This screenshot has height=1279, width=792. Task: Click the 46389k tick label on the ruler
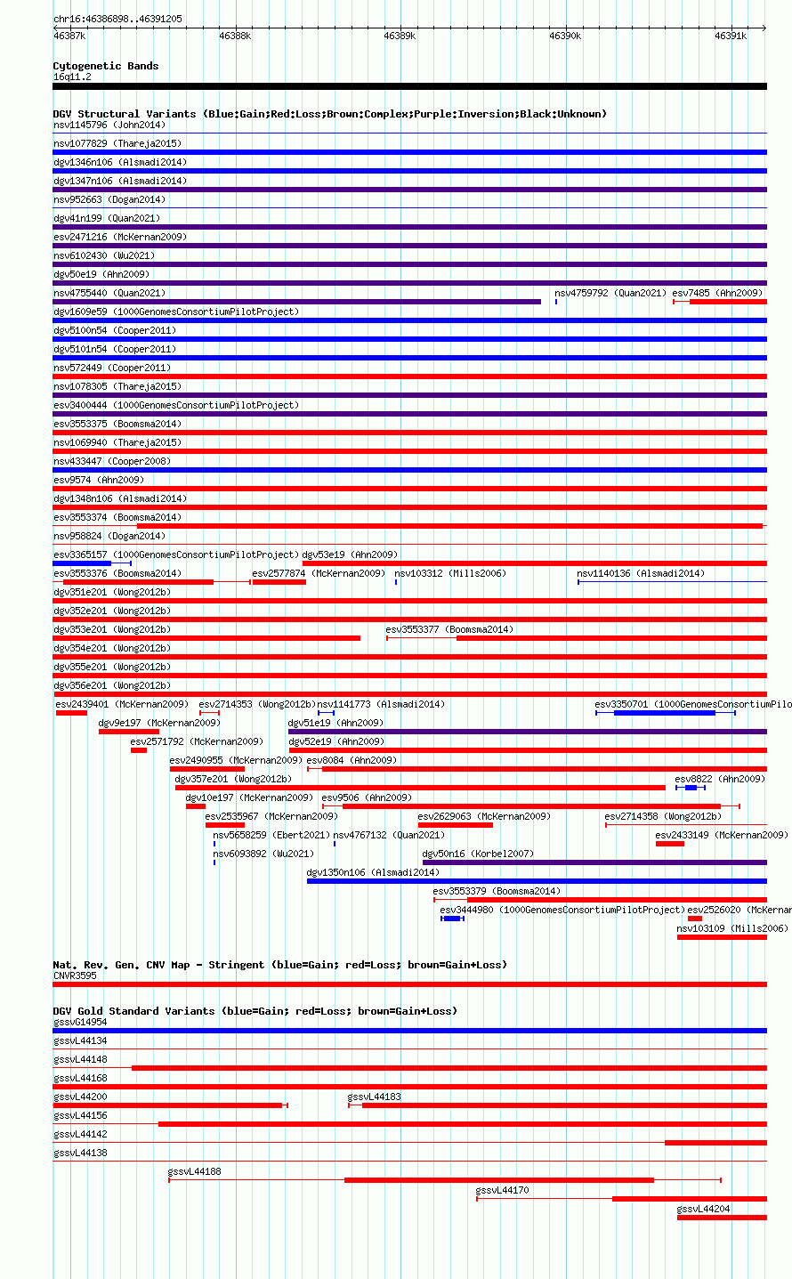[400, 36]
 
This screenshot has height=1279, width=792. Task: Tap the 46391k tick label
[731, 36]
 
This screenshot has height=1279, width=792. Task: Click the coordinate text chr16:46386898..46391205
[117, 19]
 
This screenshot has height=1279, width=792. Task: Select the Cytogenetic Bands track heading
[106, 66]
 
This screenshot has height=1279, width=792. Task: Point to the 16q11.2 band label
[72, 77]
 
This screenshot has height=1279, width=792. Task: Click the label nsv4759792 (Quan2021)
[610, 293]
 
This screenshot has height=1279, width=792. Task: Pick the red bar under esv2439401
[71, 713]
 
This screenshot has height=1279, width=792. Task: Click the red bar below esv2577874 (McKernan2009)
[279, 582]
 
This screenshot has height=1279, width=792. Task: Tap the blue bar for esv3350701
[665, 713]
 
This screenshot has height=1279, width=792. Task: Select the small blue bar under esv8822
[691, 788]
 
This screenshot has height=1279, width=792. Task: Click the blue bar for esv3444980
[452, 919]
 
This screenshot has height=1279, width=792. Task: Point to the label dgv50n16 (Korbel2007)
[478, 854]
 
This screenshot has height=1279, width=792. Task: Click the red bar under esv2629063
[455, 825]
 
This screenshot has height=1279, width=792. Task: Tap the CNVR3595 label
[75, 975]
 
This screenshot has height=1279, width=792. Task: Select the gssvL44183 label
[374, 1097]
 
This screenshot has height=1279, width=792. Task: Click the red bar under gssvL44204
[722, 1218]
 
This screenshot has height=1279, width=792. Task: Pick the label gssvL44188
[194, 1171]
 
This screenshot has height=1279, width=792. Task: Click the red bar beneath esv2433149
[670, 844]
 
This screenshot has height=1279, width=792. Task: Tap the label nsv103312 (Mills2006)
[450, 573]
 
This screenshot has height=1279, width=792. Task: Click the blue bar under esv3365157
[82, 563]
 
